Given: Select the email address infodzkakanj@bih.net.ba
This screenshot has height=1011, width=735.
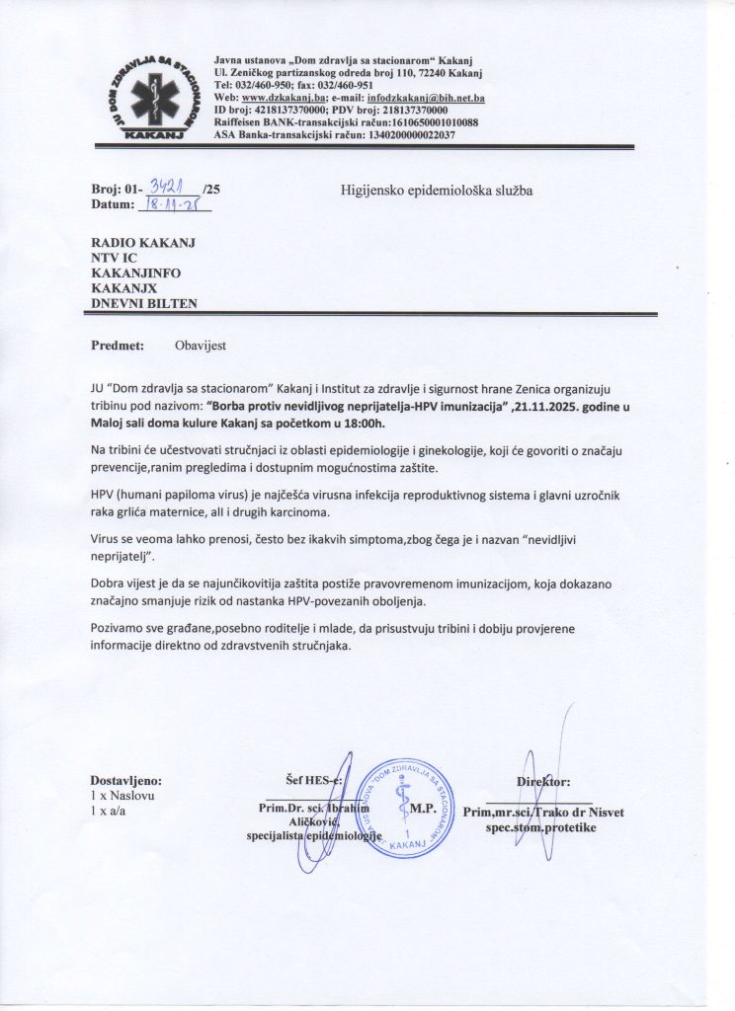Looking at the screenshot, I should [x=427, y=97].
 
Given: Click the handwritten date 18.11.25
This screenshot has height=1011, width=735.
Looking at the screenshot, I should [x=172, y=205].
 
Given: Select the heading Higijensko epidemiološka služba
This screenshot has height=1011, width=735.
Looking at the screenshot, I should [x=437, y=191].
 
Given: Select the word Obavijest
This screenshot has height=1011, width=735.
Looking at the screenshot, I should [x=200, y=347].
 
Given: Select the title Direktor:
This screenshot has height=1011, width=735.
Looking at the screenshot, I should [x=543, y=781].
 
